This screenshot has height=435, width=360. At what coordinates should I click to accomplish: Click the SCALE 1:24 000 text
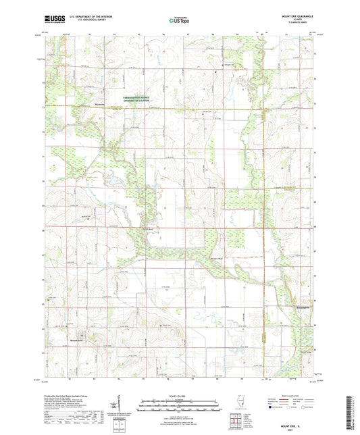pyautogui.click(x=180, y=396)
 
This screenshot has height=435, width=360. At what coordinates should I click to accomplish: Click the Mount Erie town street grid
pyautogui.click(x=82, y=333)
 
